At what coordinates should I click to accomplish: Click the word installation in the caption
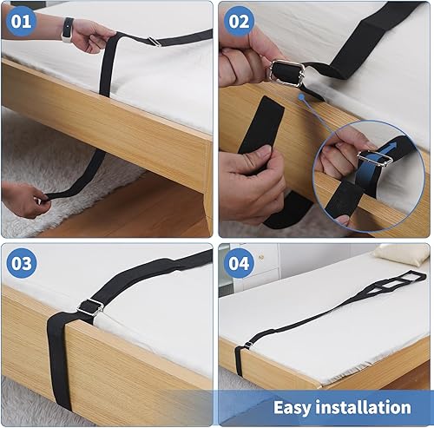click(364, 406)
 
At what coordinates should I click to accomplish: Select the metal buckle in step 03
click(90, 306)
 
